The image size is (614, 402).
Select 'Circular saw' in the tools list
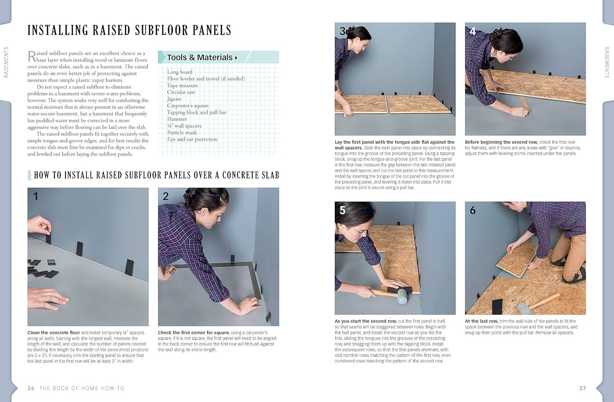[181, 92]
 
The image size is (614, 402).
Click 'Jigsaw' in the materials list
[174, 99]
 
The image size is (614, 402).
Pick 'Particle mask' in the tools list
[182, 133]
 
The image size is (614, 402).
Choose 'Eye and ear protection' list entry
[192, 139]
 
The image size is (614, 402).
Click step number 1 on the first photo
[36, 196]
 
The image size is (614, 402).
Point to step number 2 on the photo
[166, 196]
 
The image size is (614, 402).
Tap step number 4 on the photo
[473, 32]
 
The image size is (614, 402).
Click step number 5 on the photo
[343, 210]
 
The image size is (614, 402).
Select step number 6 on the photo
[473, 210]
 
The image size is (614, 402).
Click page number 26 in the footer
[31, 388]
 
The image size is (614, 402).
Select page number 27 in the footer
[582, 388]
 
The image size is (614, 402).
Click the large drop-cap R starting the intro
[32, 56]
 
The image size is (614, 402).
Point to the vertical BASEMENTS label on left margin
[6, 62]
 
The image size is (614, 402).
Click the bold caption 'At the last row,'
[481, 321]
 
